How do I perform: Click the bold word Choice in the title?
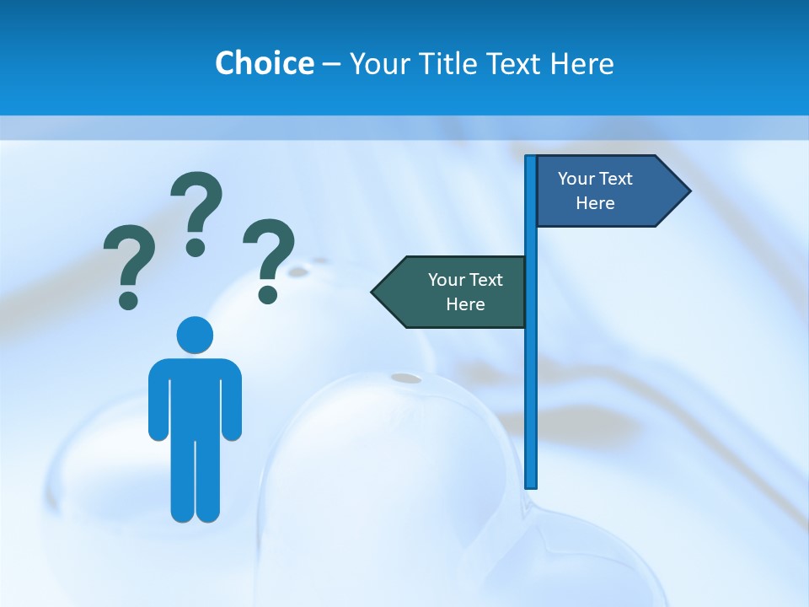click(264, 63)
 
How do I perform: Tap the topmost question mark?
click(197, 211)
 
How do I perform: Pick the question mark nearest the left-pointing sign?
click(269, 258)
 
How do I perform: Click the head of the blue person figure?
click(195, 335)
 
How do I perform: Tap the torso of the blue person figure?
click(195, 396)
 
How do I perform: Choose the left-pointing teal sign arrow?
click(451, 292)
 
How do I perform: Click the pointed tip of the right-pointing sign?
click(688, 191)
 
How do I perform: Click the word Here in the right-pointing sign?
click(595, 203)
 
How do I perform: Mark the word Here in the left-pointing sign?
click(465, 304)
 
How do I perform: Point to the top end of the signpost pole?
click(531, 158)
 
